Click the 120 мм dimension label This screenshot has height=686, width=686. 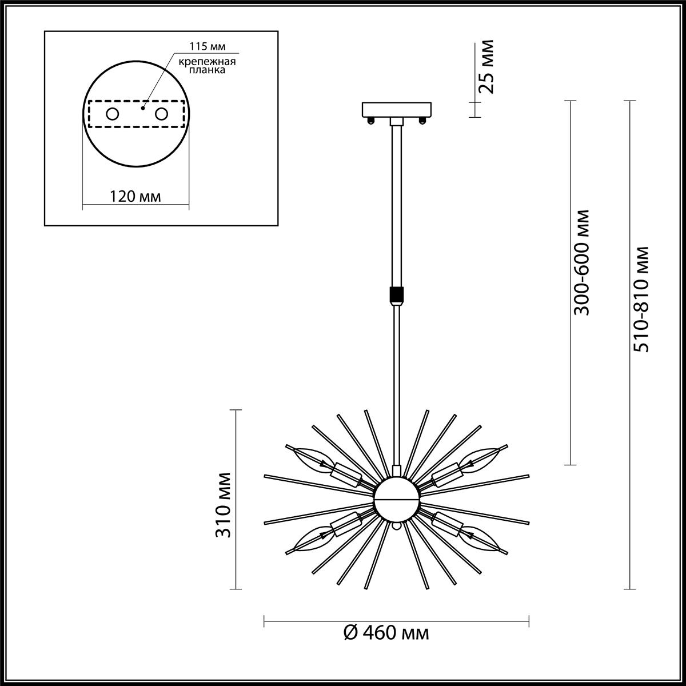pyautogui.click(x=135, y=197)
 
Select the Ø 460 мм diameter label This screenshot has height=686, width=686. pyautogui.click(x=386, y=633)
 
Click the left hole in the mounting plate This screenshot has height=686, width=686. pyautogui.click(x=112, y=114)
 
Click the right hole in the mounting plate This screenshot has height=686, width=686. pyautogui.click(x=162, y=114)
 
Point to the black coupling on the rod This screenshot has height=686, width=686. pyautogui.click(x=396, y=295)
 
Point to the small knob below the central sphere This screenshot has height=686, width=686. pyautogui.click(x=396, y=525)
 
